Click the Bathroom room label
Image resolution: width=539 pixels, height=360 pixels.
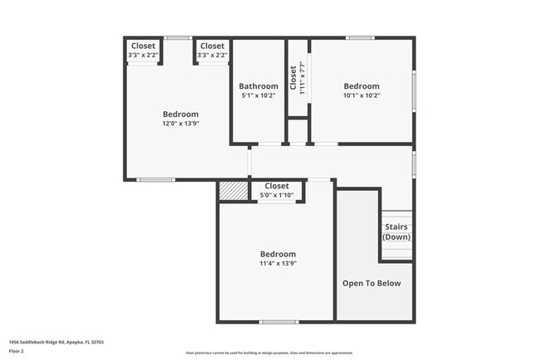click(x=259, y=86)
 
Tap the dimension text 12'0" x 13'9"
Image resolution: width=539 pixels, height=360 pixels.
click(x=181, y=124)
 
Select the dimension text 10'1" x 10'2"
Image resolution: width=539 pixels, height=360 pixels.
click(x=362, y=95)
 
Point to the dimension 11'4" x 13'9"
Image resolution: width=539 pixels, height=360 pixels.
click(x=278, y=264)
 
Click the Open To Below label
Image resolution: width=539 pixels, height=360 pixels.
click(x=371, y=284)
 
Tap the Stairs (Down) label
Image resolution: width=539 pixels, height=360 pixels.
click(x=396, y=232)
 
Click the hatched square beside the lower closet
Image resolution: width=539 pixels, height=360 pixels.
click(x=228, y=190)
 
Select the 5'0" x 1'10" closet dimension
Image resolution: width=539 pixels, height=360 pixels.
click(x=276, y=195)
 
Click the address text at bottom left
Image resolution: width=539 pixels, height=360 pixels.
click(x=56, y=342)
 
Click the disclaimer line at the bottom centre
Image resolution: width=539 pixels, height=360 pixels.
click(x=269, y=353)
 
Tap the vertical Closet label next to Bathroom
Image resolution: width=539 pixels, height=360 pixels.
click(x=294, y=77)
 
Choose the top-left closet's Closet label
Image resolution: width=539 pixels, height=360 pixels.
click(x=143, y=46)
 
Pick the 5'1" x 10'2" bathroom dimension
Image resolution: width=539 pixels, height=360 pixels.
click(x=259, y=95)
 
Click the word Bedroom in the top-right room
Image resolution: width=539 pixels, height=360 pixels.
click(x=362, y=86)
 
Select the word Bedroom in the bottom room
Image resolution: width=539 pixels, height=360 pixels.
click(x=278, y=255)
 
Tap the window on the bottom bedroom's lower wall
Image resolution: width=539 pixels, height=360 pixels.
click(x=279, y=322)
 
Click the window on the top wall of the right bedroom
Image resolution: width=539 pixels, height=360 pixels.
click(x=360, y=37)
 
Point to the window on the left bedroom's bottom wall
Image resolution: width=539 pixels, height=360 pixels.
click(x=156, y=180)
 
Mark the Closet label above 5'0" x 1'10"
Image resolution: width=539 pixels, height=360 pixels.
click(x=276, y=187)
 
